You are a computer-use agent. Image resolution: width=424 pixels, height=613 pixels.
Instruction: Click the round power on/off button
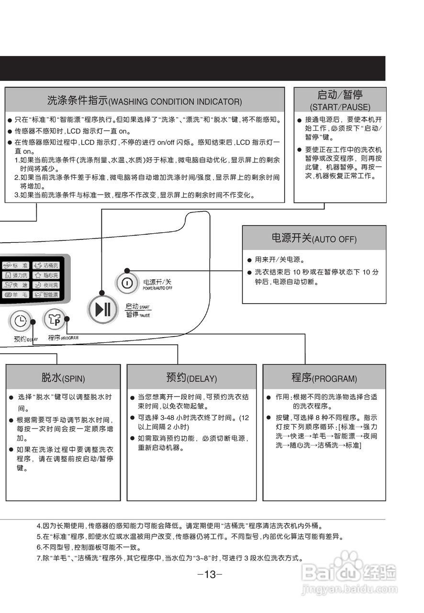pyautogui.click(x=127, y=283)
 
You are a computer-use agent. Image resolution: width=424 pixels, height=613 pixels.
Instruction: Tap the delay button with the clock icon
pyautogui.click(x=20, y=321)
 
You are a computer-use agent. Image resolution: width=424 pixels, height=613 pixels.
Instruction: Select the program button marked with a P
pyautogui.click(x=54, y=319)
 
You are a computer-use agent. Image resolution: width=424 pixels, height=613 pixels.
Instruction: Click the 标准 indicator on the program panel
pyautogui.click(x=16, y=265)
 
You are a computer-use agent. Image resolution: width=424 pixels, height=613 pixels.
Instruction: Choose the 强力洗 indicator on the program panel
pyautogui.click(x=16, y=275)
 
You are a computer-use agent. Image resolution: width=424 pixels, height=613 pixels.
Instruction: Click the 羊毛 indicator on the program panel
pyautogui.click(x=16, y=295)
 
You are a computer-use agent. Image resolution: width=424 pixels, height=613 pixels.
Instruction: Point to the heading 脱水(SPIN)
pyautogui.click(x=63, y=378)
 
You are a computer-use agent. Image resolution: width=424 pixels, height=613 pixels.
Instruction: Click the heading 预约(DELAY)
pyautogui.click(x=191, y=378)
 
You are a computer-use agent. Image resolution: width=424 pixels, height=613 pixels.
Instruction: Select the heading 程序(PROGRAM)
pyautogui.click(x=324, y=378)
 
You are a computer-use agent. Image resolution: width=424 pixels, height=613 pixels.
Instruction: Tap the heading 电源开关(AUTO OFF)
pyautogui.click(x=314, y=238)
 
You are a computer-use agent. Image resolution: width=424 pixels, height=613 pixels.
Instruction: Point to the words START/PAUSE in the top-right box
pyautogui.click(x=340, y=107)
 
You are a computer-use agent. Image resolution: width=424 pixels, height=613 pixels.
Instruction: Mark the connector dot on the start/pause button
pyautogui.click(x=101, y=293)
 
